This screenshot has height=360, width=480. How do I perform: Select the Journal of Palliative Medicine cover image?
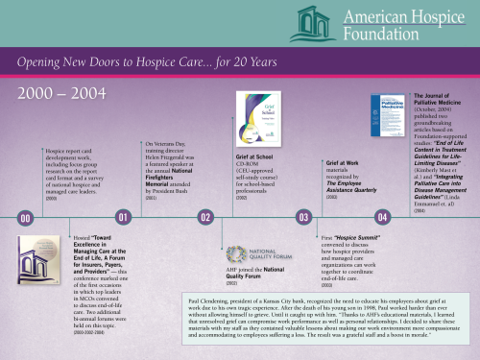pyautogui.click(x=387, y=120)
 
